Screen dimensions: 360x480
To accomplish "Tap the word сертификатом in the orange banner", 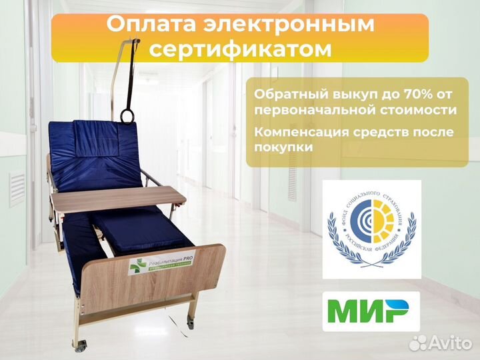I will coord(239,49).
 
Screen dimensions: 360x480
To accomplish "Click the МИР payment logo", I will coord(371,311).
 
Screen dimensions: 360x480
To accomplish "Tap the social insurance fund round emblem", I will coord(371,229).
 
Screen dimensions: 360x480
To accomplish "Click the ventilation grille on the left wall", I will coord(16,189).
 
